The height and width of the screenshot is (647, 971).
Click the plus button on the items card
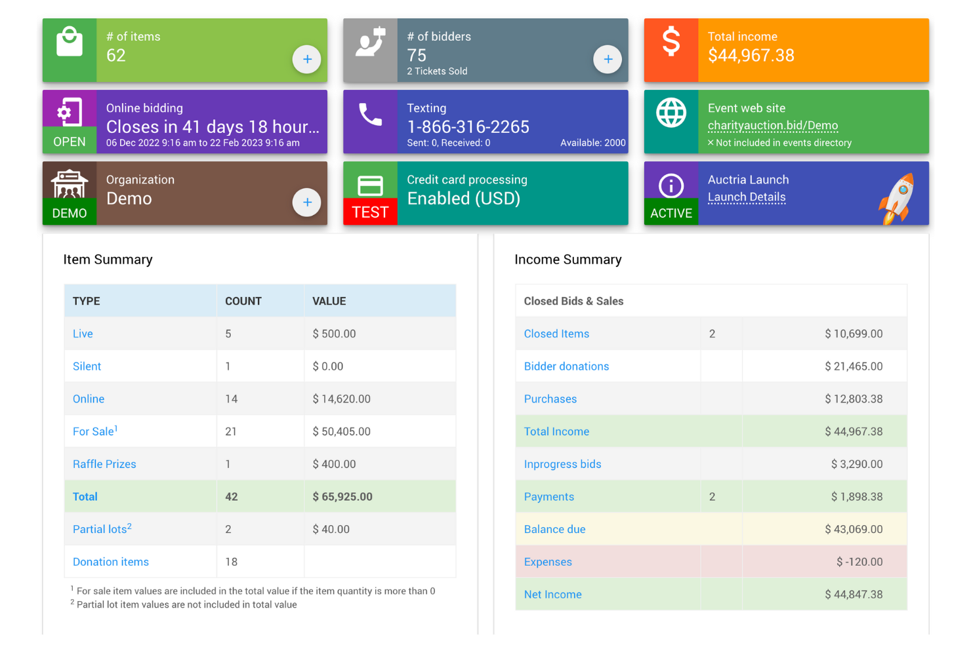pyautogui.click(x=306, y=60)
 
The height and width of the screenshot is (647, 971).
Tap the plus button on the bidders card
pyautogui.click(x=608, y=60)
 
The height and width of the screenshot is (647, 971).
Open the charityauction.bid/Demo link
pyautogui.click(x=772, y=125)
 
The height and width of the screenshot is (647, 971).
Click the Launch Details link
pyautogui.click(x=746, y=197)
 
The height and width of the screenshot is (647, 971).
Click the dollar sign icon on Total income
pyautogui.click(x=671, y=42)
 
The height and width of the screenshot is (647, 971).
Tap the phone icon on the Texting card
pyautogui.click(x=370, y=114)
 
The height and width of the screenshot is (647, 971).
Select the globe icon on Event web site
pyautogui.click(x=671, y=113)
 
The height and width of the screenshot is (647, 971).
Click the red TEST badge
pyautogui.click(x=370, y=212)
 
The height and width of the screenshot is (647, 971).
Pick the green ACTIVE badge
pyautogui.click(x=671, y=213)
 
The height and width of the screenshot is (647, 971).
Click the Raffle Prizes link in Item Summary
pyautogui.click(x=104, y=464)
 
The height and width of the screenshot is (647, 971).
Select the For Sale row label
pyautogui.click(x=94, y=431)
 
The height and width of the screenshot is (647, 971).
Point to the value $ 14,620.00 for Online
pyautogui.click(x=341, y=399)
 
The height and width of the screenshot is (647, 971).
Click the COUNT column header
pyautogui.click(x=243, y=301)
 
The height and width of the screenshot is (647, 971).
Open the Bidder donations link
pyautogui.click(x=566, y=366)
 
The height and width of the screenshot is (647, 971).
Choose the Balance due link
pyautogui.click(x=554, y=529)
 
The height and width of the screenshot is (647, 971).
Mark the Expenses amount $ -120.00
pyautogui.click(x=859, y=562)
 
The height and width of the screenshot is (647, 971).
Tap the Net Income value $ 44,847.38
pyautogui.click(x=853, y=595)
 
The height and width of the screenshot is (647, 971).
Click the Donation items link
pyautogui.click(x=110, y=562)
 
